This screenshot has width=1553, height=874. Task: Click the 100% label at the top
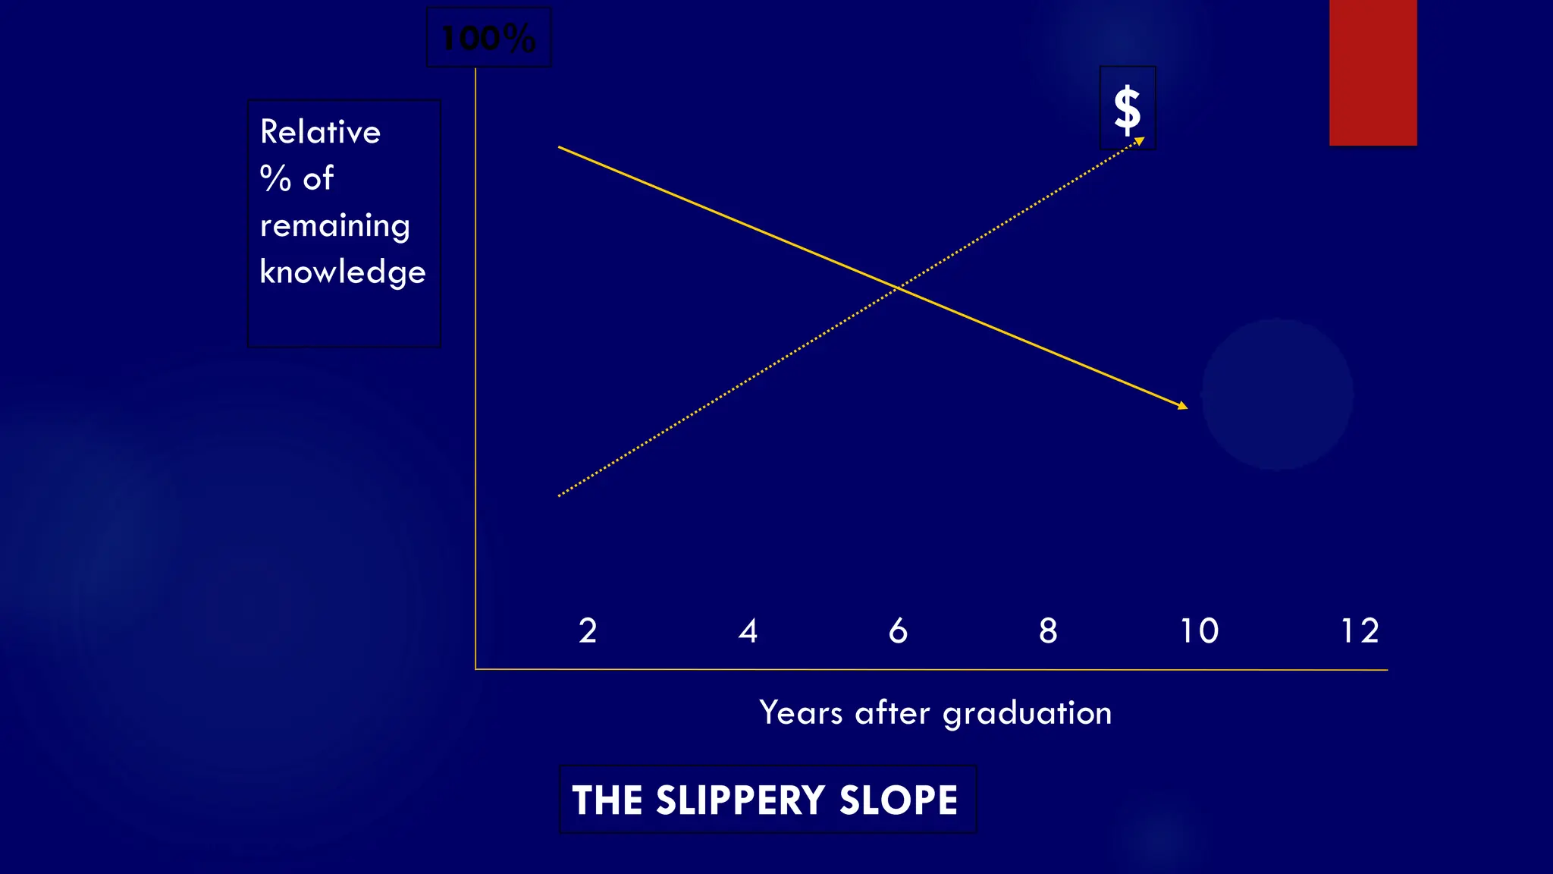coord(488,38)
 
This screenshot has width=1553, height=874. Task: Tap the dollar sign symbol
coord(1128,109)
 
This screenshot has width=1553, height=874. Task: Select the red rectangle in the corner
coord(1373,72)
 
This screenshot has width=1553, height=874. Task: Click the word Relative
coord(320,132)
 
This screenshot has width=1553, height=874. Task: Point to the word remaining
coord(334,226)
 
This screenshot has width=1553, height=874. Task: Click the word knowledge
coord(343,272)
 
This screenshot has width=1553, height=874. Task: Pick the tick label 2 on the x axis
coord(588,631)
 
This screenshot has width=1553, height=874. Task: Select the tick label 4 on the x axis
coord(748,631)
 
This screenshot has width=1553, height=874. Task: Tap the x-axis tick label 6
coord(898,631)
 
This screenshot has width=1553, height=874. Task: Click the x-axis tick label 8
coord(1048,631)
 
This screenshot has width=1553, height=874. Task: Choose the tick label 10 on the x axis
coord(1199,631)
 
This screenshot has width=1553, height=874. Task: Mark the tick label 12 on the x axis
coord(1360,631)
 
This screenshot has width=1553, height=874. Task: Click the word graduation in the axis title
coord(1027,714)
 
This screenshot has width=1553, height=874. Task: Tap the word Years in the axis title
coord(801,713)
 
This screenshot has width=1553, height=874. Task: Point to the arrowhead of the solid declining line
coord(1184,407)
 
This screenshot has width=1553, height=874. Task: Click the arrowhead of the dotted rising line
coord(1140,140)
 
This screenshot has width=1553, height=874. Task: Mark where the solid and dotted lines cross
coord(897,288)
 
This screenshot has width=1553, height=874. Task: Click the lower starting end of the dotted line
coord(560,495)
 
